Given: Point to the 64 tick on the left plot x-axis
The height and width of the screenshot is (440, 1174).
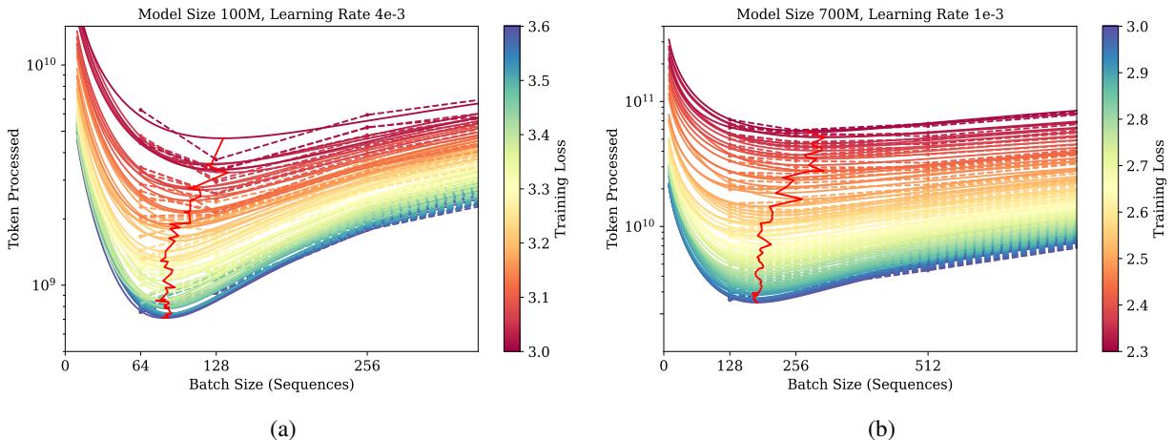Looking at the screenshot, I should point(140,365).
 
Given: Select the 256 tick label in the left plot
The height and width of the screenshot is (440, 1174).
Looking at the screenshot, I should point(367,365).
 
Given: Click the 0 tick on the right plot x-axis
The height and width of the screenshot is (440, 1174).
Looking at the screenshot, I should point(664,365).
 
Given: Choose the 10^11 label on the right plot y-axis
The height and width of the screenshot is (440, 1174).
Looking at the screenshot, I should point(637,101).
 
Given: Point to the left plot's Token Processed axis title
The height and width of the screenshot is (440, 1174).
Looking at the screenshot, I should point(14,188).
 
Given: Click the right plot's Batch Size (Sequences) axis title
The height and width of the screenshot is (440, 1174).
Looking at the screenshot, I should point(869,384).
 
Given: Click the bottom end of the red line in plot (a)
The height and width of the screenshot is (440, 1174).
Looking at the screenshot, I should point(168,317).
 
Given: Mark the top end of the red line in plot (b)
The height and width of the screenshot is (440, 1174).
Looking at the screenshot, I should point(825,133).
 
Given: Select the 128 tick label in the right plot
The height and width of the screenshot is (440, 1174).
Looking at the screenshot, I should point(730,365).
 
